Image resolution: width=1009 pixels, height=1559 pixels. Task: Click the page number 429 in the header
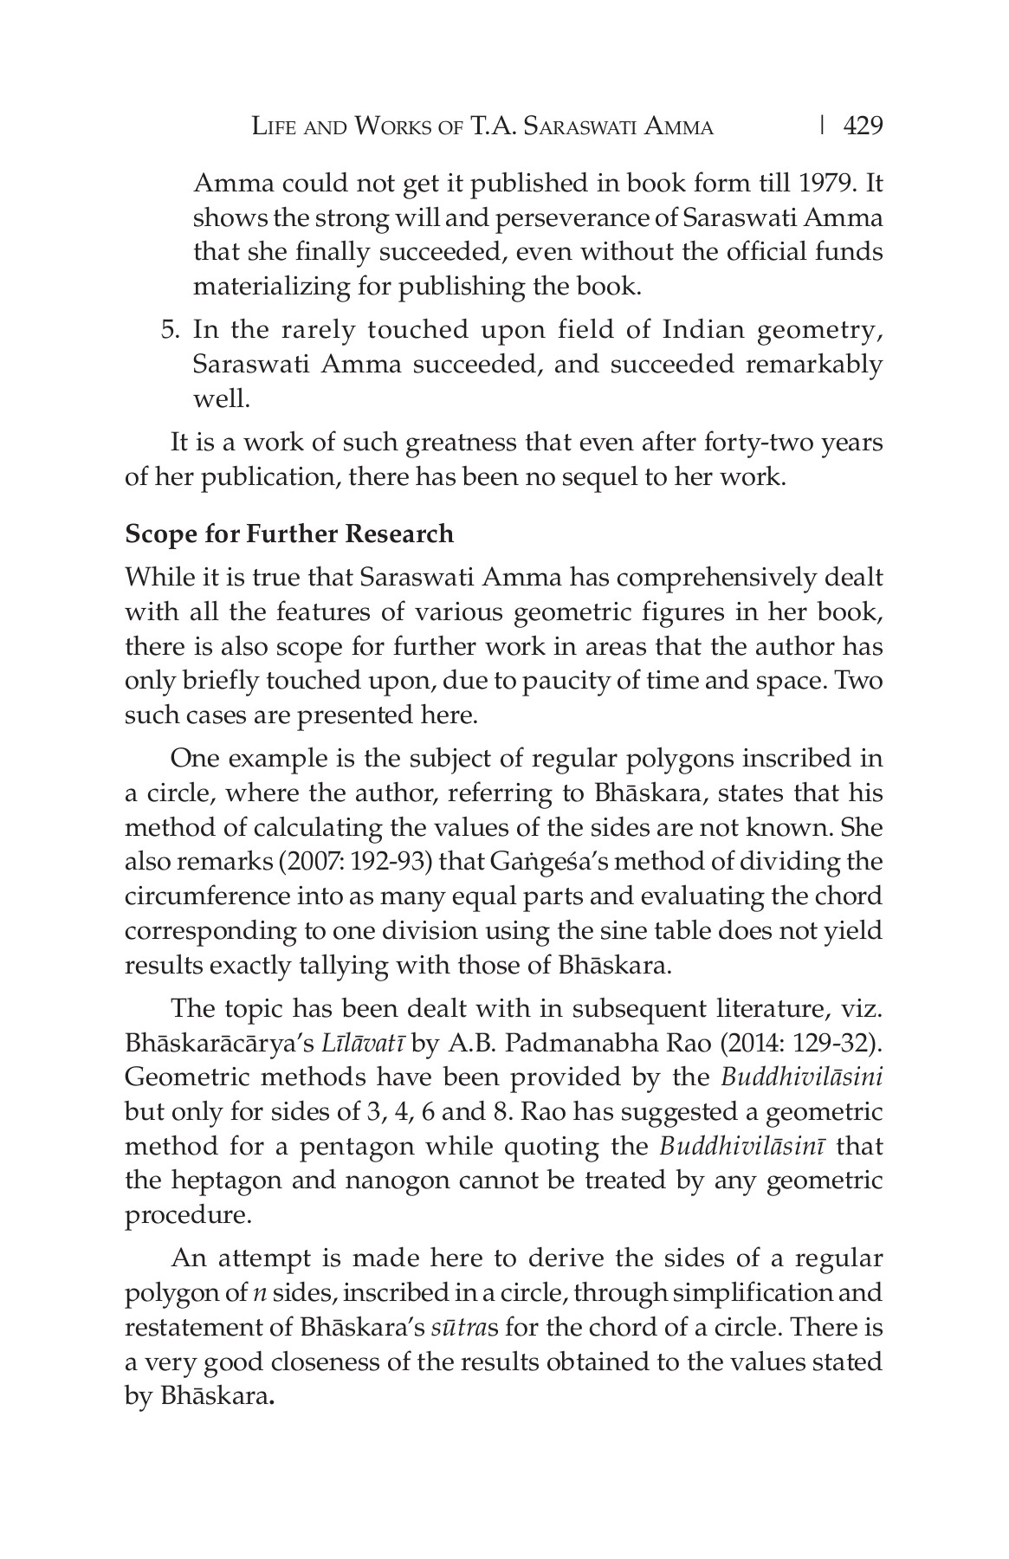click(x=863, y=126)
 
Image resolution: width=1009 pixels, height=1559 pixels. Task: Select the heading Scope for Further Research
click(x=289, y=534)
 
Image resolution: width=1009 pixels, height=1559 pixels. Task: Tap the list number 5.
click(x=171, y=330)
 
